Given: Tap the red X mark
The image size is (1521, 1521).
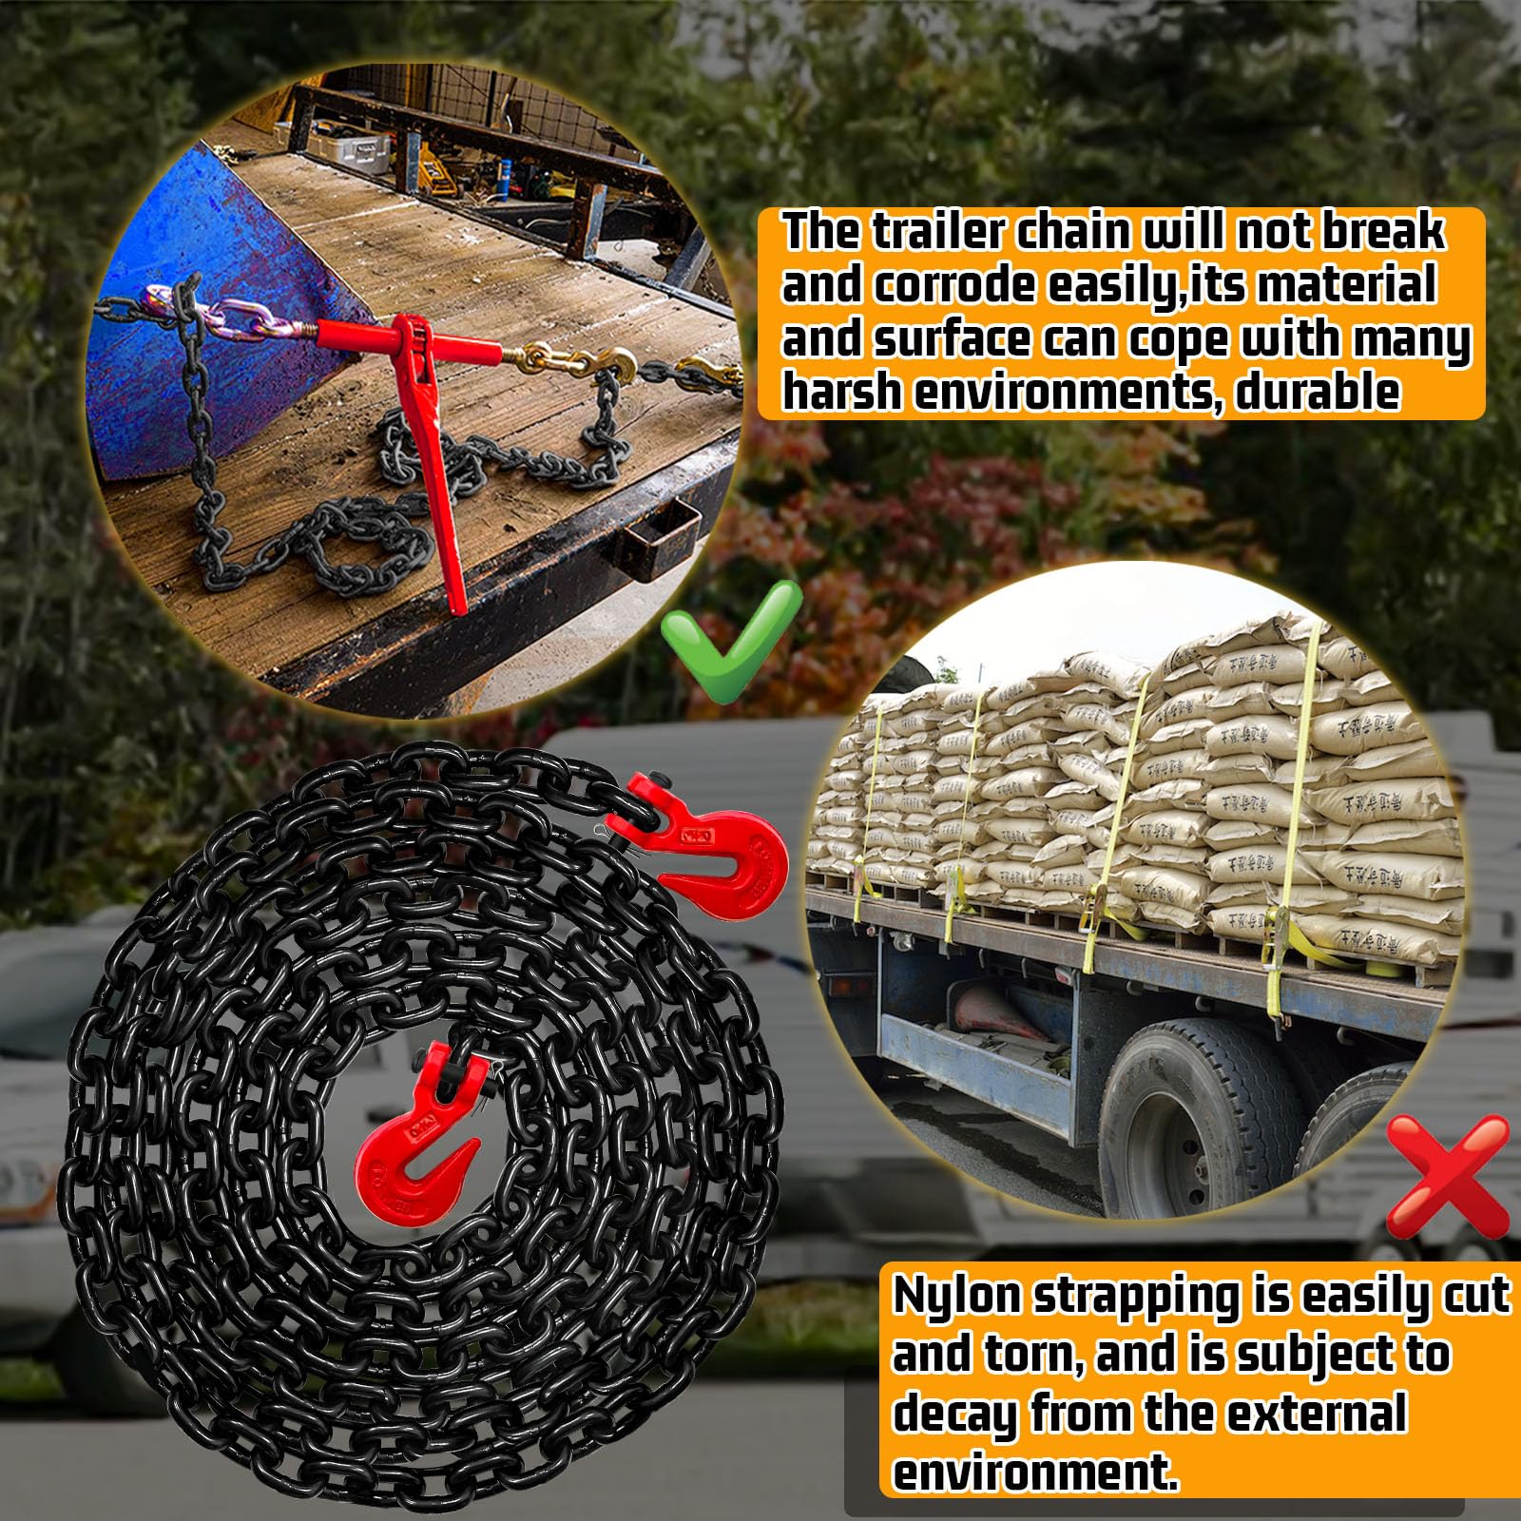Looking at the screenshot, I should tap(1448, 1177).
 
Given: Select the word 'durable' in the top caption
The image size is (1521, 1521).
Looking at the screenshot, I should tap(1318, 392).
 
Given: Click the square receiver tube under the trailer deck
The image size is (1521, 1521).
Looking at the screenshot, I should tap(661, 537).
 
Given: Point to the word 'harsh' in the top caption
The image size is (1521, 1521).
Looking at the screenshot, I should tap(841, 392).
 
